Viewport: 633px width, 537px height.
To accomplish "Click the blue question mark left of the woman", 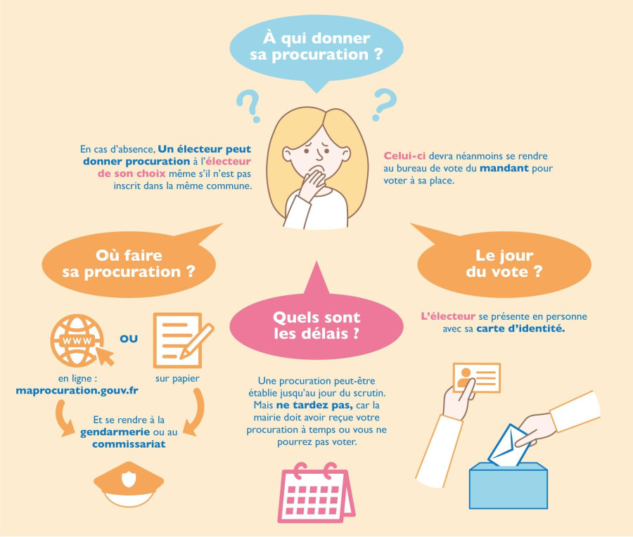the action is pyautogui.click(x=250, y=104).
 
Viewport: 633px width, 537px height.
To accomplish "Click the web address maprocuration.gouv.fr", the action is pyautogui.click(x=77, y=391).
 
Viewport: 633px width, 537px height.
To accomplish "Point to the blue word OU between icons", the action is pyautogui.click(x=129, y=339).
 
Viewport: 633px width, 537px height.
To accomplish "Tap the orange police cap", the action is pyautogui.click(x=129, y=484).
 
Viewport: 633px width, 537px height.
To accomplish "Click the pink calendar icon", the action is pyautogui.click(x=316, y=493).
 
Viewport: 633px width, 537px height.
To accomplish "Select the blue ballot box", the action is pyautogui.click(x=509, y=486).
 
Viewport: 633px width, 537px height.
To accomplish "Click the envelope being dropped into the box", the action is pyautogui.click(x=508, y=446).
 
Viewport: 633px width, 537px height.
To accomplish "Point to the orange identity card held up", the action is pyautogui.click(x=477, y=377).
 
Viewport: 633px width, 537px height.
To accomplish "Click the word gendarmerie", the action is pyautogui.click(x=115, y=432).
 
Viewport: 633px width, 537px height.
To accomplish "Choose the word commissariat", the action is pyautogui.click(x=129, y=444).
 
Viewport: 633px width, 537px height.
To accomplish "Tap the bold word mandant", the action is pyautogui.click(x=504, y=168).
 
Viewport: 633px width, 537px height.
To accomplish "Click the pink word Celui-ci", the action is pyautogui.click(x=404, y=156).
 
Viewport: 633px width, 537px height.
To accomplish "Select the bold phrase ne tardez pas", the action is pyautogui.click(x=314, y=405).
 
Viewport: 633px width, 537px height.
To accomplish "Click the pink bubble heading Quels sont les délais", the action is pyautogui.click(x=316, y=325).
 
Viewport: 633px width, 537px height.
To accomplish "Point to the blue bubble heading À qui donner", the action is pyautogui.click(x=316, y=46).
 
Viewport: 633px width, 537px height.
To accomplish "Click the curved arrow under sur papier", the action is pyautogui.click(x=196, y=411).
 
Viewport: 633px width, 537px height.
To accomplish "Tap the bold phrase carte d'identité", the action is pyautogui.click(x=520, y=329).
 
